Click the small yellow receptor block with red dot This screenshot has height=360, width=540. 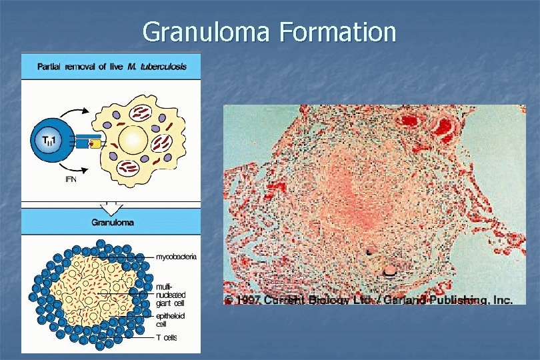[x=96, y=142]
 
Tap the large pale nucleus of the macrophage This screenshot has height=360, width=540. [x=133, y=141]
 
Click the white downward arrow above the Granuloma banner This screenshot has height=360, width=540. [x=110, y=203]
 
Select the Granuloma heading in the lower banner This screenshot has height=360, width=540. [x=111, y=223]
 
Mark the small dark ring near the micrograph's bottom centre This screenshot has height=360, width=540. [x=390, y=270]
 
